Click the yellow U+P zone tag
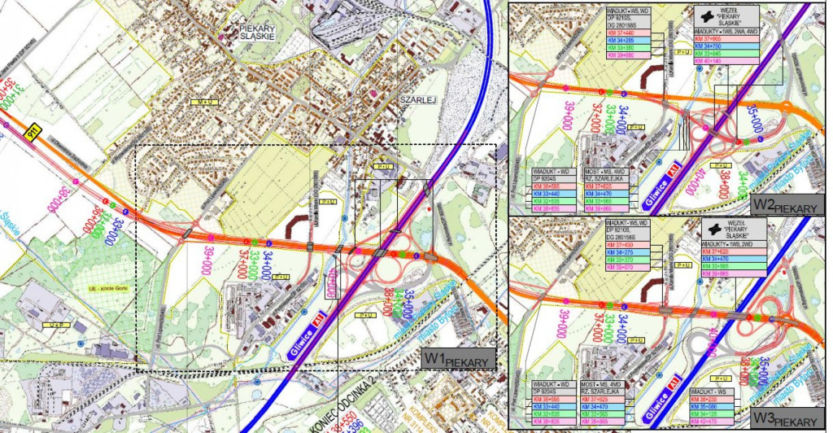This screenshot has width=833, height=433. click(55, 326)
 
